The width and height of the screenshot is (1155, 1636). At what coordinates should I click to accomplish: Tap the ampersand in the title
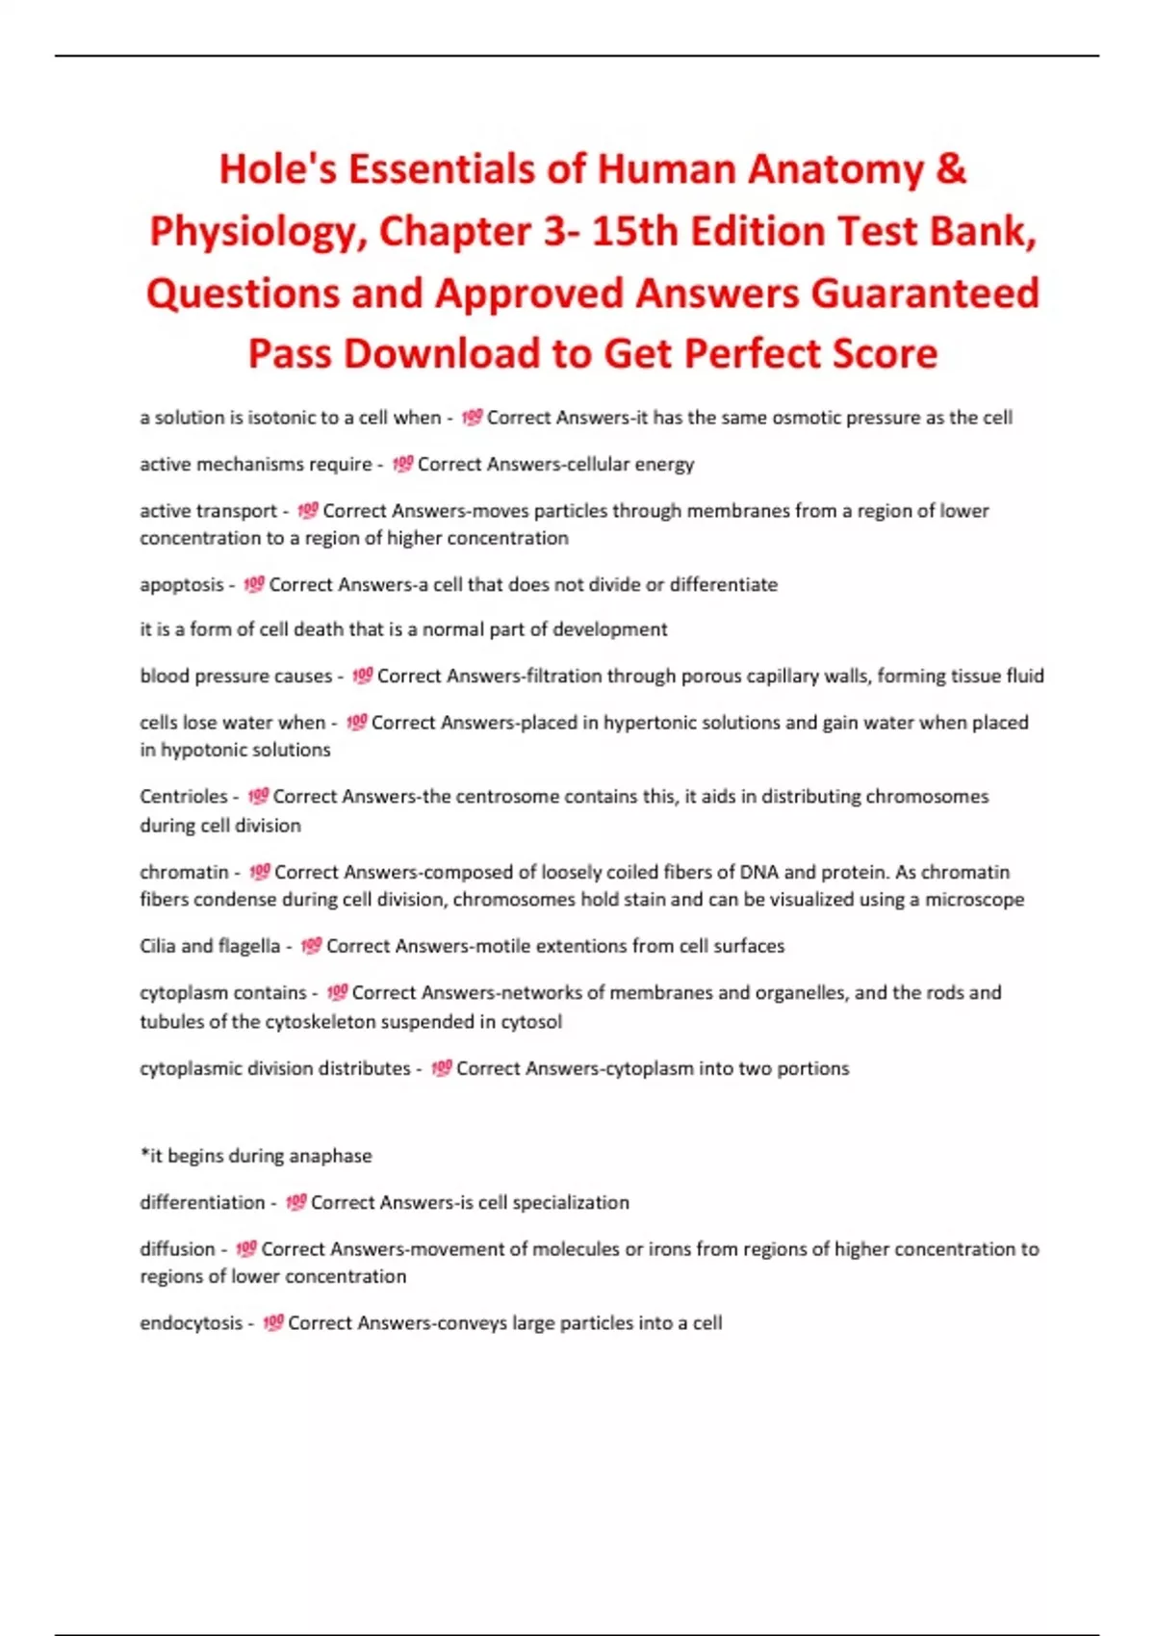point(951,168)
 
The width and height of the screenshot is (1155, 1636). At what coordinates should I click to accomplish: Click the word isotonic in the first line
point(284,418)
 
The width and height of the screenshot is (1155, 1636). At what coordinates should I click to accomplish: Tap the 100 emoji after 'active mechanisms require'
point(402,464)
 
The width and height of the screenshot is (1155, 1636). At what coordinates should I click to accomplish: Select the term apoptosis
point(182,585)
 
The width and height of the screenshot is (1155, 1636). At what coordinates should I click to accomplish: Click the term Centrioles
point(184,797)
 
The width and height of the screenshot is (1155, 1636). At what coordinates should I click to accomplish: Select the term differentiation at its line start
point(202,1202)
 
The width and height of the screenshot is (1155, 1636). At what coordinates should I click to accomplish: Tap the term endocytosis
point(192,1323)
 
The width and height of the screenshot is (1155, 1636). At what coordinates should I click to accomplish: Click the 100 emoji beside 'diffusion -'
point(246,1249)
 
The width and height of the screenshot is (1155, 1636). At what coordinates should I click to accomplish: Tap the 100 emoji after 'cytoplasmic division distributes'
point(441,1068)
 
